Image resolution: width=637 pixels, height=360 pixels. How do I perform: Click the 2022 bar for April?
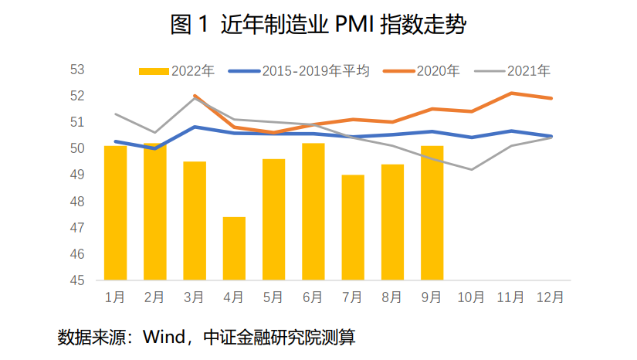pyautogui.click(x=235, y=248)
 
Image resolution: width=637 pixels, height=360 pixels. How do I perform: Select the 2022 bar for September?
pyautogui.click(x=432, y=212)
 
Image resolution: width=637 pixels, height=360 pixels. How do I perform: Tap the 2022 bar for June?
pyautogui.click(x=313, y=211)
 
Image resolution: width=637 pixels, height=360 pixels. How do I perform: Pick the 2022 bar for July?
pyautogui.click(x=353, y=227)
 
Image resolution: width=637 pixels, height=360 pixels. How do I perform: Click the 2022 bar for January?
pyautogui.click(x=116, y=212)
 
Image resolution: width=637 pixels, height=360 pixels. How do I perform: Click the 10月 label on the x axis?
pyautogui.click(x=471, y=296)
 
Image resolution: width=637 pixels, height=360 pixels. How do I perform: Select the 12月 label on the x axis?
pyautogui.click(x=550, y=296)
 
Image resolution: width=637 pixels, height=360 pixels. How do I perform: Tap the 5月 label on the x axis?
pyautogui.click(x=274, y=296)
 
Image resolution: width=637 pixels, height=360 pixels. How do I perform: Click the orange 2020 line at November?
pyautogui.click(x=510, y=93)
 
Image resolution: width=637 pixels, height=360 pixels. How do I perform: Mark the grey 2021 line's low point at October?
pyautogui.click(x=471, y=169)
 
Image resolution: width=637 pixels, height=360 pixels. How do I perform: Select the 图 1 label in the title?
pyautogui.click(x=189, y=25)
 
